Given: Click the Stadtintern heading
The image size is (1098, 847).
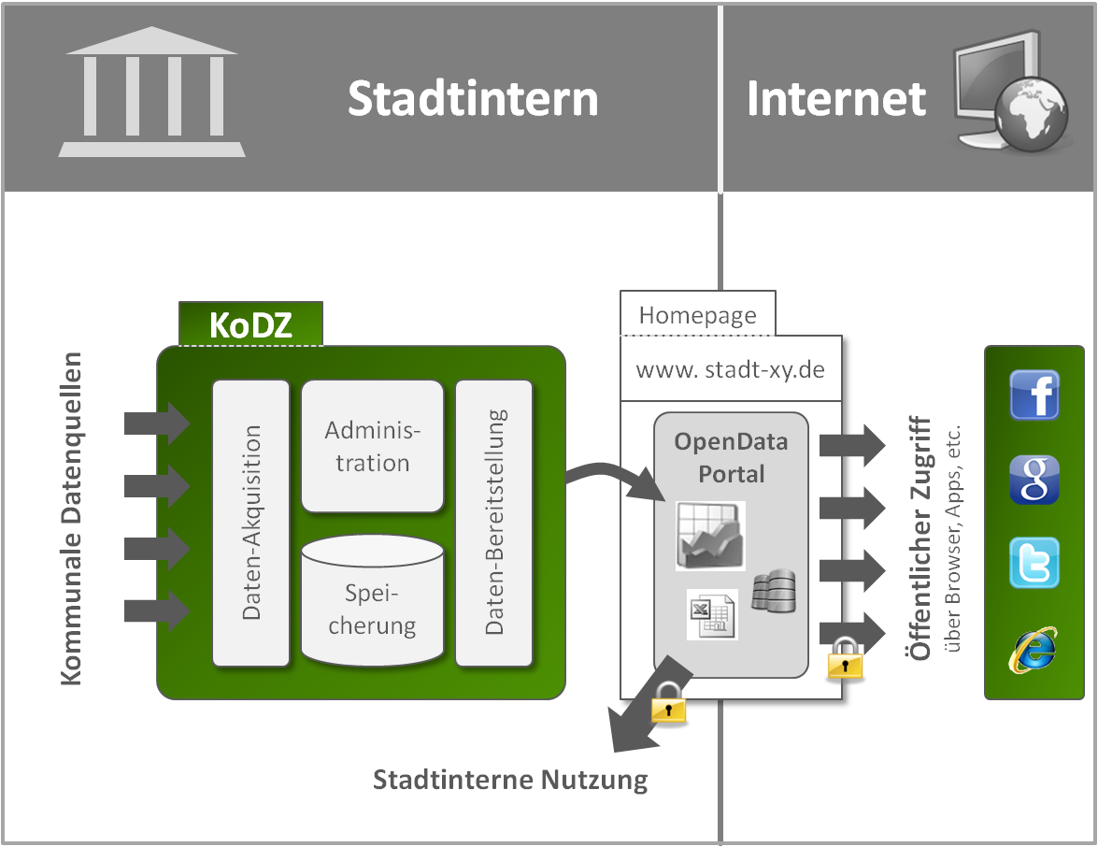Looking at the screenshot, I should (x=473, y=98).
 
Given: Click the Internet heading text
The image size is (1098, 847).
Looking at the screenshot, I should (x=836, y=98).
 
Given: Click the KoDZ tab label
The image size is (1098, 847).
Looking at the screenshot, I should (x=250, y=324).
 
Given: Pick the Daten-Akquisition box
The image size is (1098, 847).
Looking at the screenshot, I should (x=250, y=523).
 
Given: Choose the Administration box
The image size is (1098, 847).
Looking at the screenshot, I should (x=372, y=446).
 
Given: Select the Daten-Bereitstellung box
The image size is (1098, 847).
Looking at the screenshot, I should (x=494, y=523).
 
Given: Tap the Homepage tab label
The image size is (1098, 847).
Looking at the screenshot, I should (x=697, y=315).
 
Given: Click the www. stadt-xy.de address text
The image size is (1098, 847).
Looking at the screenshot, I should (x=730, y=369).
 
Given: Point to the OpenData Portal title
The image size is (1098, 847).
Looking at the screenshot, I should (x=731, y=457).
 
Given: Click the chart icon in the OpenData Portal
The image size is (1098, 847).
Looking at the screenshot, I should (x=711, y=536).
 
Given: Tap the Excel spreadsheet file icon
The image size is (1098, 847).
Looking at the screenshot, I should (x=712, y=614).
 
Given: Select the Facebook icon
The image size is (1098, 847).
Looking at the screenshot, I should (x=1034, y=395).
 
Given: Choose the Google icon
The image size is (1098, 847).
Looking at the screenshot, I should (x=1034, y=480).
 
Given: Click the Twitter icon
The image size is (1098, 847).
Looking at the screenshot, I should (x=1034, y=563).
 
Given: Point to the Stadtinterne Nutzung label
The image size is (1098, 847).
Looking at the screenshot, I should (x=510, y=780).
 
